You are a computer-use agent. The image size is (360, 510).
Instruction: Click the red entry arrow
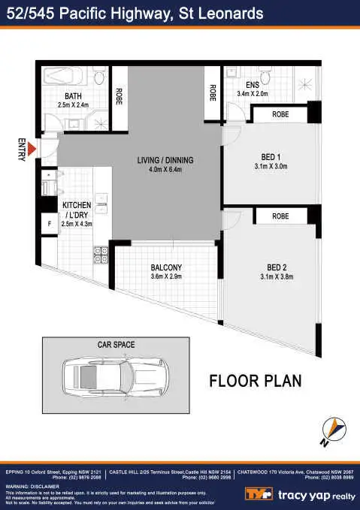coord(32,155)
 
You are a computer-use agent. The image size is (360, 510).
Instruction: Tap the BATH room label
coord(73,96)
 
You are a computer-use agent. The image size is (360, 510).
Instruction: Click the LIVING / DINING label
coord(165,161)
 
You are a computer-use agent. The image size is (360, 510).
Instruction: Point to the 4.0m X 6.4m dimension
coord(165,170)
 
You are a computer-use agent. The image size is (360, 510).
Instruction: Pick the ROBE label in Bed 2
coord(280,216)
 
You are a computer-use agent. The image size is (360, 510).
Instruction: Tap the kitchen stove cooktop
coord(101,255)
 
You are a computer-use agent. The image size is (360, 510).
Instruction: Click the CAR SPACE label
coord(116,344)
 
